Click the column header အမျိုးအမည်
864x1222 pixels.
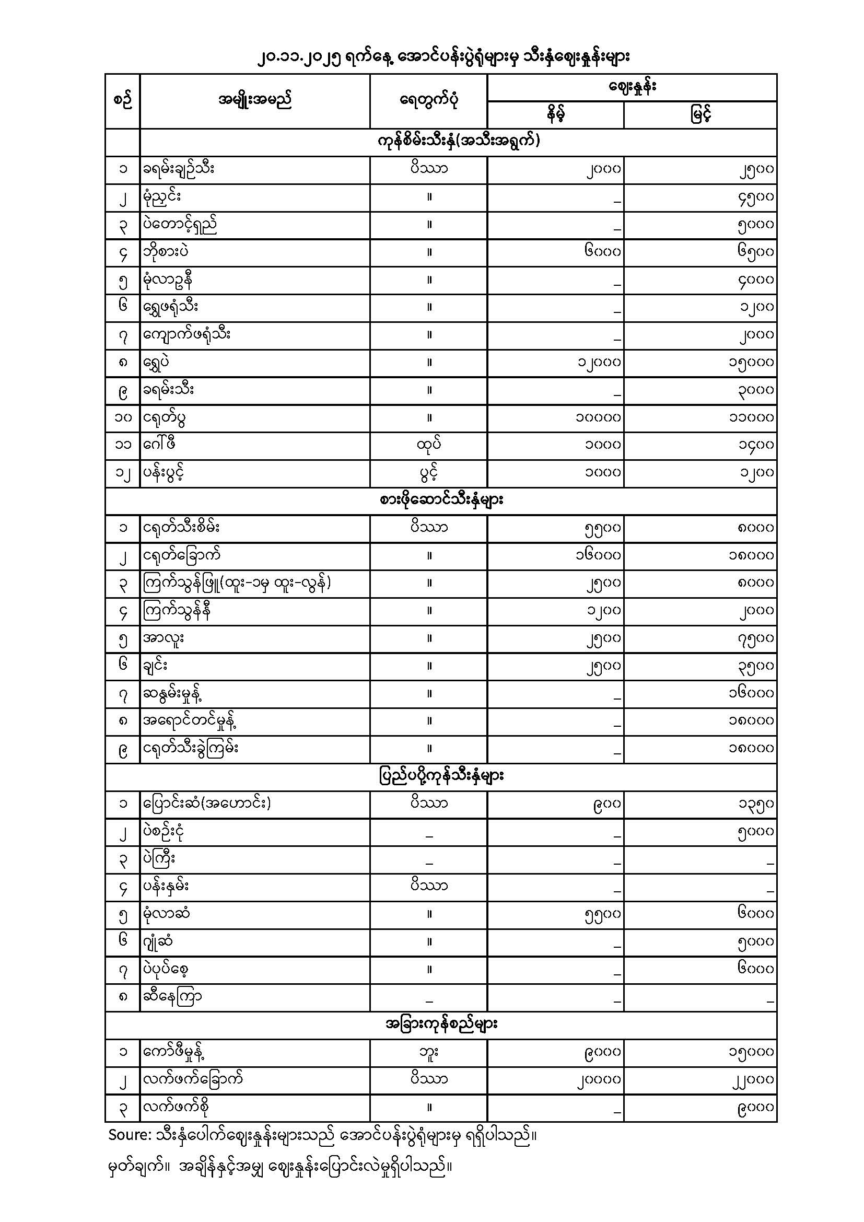coord(255,100)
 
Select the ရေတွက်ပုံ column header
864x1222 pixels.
coord(429,100)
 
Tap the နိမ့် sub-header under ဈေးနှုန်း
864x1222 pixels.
coord(555,114)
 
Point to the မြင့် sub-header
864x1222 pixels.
coord(700,114)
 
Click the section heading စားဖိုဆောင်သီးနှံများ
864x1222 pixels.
coord(441,501)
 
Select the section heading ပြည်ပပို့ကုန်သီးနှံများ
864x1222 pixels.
coord(441,776)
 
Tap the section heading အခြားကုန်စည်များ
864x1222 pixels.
coord(441,1024)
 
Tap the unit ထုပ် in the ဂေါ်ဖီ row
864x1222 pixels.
coord(429,445)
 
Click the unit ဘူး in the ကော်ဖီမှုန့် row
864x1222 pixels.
coord(429,1052)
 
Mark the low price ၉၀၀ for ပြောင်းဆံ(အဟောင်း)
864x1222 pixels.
coord(606,804)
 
